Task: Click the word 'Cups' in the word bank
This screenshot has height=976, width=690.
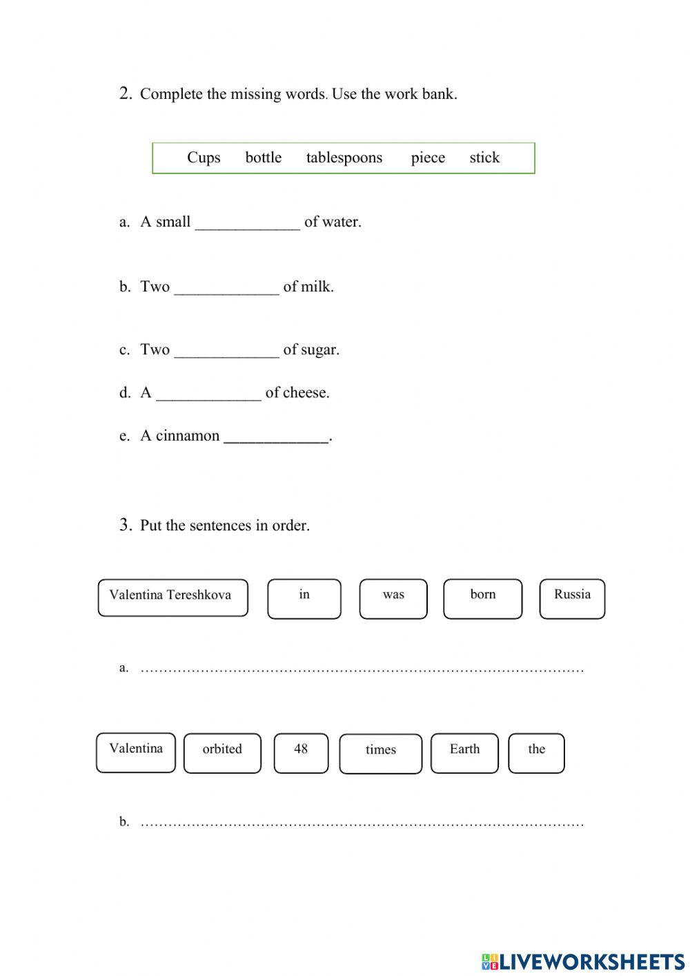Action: tap(204, 157)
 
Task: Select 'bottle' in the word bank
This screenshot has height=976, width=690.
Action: tap(263, 157)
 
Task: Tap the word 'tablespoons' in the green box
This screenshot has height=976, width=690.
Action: tap(344, 157)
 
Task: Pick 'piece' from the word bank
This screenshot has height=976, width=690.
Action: tap(428, 157)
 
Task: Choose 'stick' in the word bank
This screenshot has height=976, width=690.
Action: tap(484, 157)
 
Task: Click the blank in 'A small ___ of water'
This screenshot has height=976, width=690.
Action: tap(248, 222)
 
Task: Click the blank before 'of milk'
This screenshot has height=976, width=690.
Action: tap(226, 287)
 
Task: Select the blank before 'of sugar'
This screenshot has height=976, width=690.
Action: tap(226, 350)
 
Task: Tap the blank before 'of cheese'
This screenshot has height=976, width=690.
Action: tap(208, 393)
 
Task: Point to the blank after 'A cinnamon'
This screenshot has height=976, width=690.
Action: tap(277, 437)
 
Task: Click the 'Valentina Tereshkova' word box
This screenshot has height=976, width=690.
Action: tap(172, 597)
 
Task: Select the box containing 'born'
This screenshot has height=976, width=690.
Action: tap(482, 598)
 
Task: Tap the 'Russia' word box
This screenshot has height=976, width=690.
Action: tap(572, 598)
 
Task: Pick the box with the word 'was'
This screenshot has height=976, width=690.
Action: tap(393, 598)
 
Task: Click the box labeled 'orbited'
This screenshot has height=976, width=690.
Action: tap(222, 753)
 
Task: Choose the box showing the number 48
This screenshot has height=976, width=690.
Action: tap(301, 753)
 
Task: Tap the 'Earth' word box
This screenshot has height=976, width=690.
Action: tap(464, 753)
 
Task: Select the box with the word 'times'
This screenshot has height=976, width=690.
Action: tap(380, 754)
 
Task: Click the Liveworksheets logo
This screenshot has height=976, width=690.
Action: tap(582, 961)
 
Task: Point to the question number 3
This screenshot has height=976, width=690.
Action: tap(126, 525)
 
